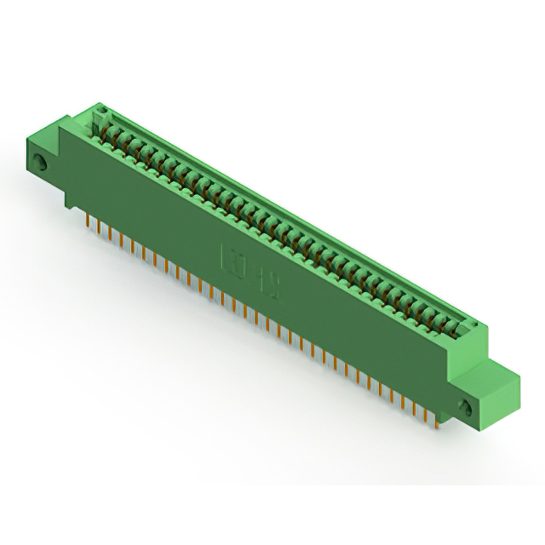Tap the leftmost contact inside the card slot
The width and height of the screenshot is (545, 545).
109,129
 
